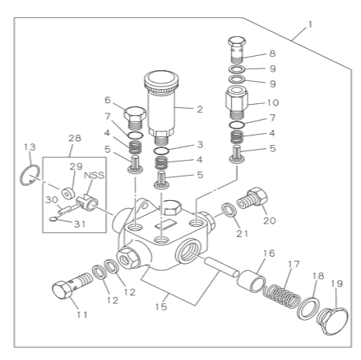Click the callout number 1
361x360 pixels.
tap(310, 25)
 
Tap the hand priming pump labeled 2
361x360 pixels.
tap(164, 102)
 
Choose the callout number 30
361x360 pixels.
tap(50, 200)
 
